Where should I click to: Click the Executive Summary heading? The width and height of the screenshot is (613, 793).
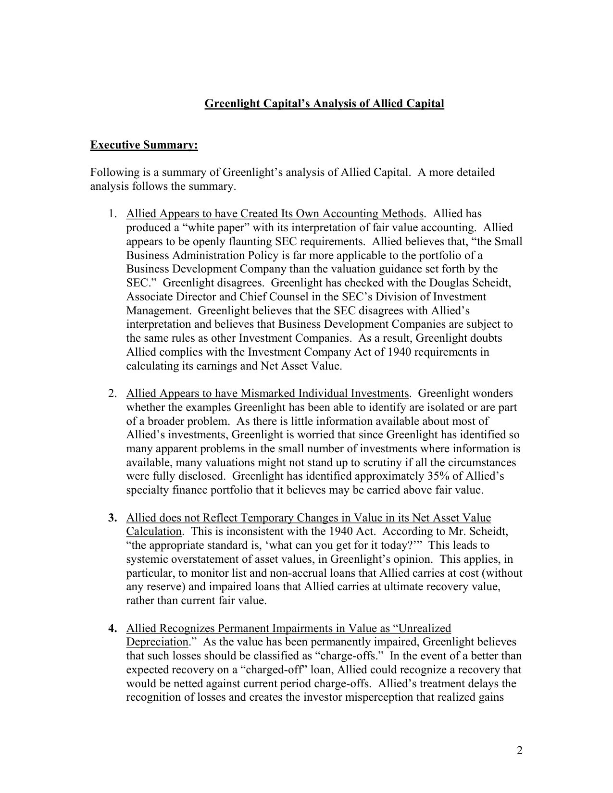[144, 145]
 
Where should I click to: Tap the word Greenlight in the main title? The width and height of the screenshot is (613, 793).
[229, 103]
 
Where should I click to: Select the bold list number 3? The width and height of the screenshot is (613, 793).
[112, 518]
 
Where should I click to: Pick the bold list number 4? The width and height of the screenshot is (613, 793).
[112, 628]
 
